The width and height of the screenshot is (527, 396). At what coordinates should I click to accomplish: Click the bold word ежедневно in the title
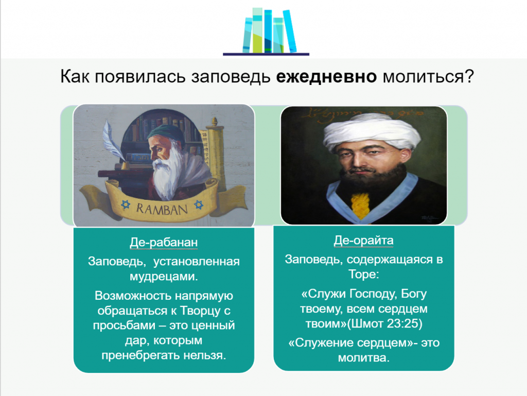coord(326,77)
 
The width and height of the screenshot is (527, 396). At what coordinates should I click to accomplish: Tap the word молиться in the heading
coord(424,77)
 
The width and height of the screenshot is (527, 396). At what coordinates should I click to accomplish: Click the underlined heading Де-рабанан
coord(164,243)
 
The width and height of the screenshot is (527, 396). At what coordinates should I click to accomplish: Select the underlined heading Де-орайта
coord(363,240)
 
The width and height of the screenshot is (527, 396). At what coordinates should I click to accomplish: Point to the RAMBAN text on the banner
coord(162,209)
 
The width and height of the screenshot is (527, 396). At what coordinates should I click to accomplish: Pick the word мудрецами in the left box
coord(164,277)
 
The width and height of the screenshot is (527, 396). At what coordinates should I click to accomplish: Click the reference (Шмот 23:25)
coord(384,323)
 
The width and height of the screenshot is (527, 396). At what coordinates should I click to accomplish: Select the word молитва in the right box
coord(364,358)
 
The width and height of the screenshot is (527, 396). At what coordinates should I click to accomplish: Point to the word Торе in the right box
coord(363,274)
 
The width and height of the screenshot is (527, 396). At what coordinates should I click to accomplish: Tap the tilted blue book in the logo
coord(290,31)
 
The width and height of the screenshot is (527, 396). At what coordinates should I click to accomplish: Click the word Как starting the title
coord(75,77)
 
